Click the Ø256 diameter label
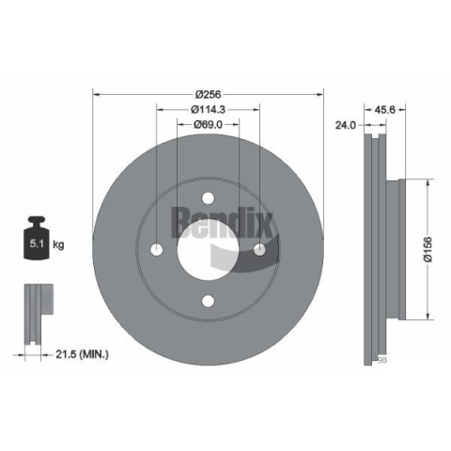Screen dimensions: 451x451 pos(208,94)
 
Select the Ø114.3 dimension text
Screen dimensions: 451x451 pos(208,109)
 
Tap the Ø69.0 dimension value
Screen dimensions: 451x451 pos(208,125)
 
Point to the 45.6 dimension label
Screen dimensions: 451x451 pos(385,110)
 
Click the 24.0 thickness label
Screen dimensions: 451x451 pos(346,125)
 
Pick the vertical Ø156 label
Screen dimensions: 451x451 pos(428,250)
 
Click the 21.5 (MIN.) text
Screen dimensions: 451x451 pos(82,354)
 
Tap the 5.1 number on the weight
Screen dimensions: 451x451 pos(37,243)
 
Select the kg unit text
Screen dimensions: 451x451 pos(58,244)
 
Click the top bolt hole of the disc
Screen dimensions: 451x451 pos(208,198)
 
